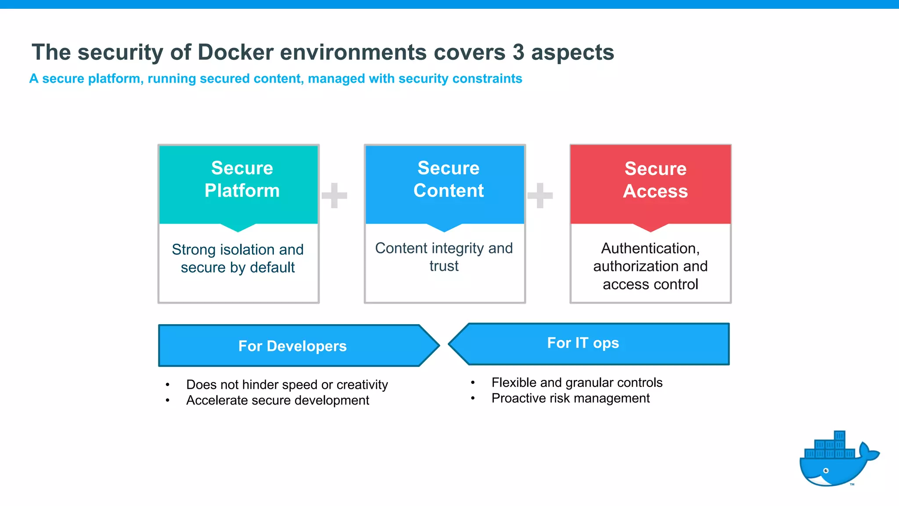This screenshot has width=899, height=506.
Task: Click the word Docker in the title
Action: (236, 52)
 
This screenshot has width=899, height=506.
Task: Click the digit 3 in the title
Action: (518, 52)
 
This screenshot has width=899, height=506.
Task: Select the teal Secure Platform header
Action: (238, 184)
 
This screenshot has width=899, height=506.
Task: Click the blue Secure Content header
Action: (445, 184)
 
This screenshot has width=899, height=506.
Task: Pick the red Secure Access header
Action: (651, 184)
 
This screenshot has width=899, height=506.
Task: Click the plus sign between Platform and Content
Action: (334, 195)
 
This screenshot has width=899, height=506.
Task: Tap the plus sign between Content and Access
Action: (540, 195)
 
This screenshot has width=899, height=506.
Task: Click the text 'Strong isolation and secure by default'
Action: (237, 258)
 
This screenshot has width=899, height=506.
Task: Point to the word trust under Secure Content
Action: (444, 266)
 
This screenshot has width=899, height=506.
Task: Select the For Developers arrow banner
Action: (292, 346)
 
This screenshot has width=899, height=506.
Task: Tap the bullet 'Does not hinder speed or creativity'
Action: (287, 385)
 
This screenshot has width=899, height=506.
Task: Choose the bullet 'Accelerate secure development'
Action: (277, 401)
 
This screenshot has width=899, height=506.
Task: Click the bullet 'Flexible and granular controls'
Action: (576, 383)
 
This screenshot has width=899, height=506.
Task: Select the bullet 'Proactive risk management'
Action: (570, 398)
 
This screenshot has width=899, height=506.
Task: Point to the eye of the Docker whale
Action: (826, 471)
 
